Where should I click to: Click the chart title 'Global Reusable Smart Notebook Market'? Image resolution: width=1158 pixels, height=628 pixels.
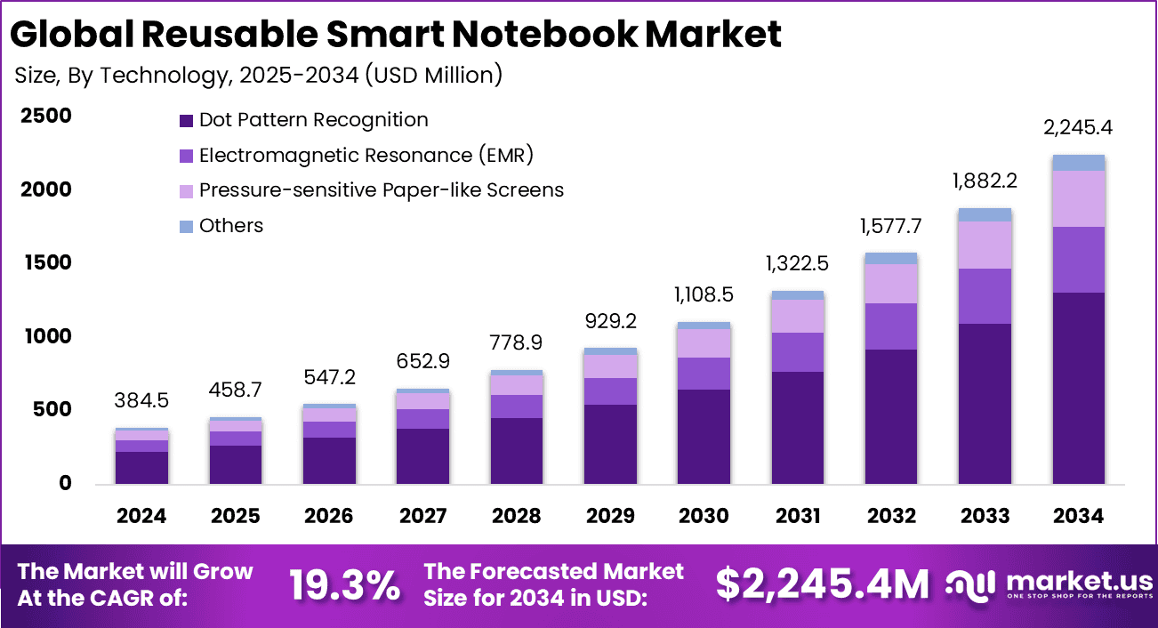[397, 34]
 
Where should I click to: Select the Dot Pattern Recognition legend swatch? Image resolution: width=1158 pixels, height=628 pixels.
[186, 120]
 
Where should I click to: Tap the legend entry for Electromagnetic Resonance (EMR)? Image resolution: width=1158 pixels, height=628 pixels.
[366, 155]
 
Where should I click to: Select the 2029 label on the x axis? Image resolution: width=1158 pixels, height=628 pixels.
[610, 516]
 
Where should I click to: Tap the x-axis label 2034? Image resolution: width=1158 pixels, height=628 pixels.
[1078, 516]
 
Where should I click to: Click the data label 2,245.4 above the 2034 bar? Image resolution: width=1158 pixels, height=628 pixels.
[1078, 128]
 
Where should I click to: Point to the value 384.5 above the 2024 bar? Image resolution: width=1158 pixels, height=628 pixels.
[142, 401]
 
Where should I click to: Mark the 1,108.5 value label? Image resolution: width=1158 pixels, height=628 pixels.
[704, 294]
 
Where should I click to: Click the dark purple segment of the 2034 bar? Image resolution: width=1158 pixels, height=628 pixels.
[1078, 387]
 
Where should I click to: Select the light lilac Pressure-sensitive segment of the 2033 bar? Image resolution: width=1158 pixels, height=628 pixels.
[985, 245]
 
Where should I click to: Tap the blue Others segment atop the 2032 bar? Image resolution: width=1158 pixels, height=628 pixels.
[891, 258]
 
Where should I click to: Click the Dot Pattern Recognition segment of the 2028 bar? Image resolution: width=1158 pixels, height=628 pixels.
[517, 450]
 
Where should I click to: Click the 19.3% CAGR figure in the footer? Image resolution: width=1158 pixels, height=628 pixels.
[344, 584]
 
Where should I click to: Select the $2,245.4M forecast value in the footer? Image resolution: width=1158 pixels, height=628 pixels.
[823, 584]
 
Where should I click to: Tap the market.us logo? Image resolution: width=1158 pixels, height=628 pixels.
[1046, 584]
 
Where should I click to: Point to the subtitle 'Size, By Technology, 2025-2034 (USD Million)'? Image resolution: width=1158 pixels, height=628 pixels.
[259, 76]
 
